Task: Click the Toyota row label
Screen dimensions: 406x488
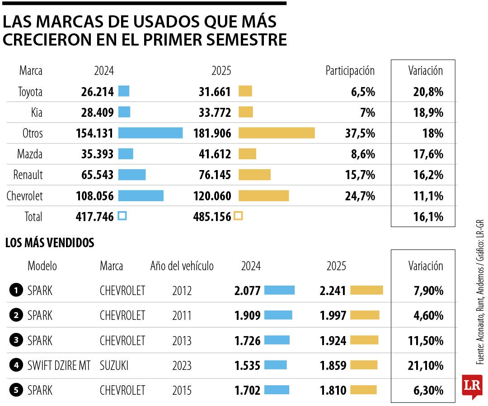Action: pyautogui.click(x=30, y=92)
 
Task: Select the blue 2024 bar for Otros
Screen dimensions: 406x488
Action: pyautogui.click(x=150, y=133)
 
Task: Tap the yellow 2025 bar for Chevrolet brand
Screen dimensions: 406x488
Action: pyautogui.click(x=263, y=196)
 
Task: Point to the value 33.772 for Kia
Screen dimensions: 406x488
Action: pyautogui.click(x=215, y=112)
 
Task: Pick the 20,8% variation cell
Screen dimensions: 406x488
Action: pyautogui.click(x=425, y=92)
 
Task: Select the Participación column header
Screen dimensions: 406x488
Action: pyautogui.click(x=350, y=70)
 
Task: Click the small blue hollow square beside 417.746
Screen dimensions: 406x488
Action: pyautogui.click(x=122, y=216)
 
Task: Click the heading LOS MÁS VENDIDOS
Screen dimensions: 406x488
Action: pyautogui.click(x=50, y=243)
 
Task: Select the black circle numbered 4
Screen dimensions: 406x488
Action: pyautogui.click(x=16, y=365)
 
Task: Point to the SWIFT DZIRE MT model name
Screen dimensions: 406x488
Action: pyautogui.click(x=59, y=365)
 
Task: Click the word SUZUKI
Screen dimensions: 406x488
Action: pyautogui.click(x=114, y=365)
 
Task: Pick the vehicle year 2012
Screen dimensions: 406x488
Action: pyautogui.click(x=182, y=291)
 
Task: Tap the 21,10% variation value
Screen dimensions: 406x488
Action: pyautogui.click(x=425, y=365)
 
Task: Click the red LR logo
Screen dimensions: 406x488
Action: pyautogui.click(x=472, y=386)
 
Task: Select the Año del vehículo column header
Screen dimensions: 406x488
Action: pyautogui.click(x=182, y=266)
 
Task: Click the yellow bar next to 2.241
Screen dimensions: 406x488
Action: pyautogui.click(x=366, y=290)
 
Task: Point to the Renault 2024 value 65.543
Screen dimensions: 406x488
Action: pyautogui.click(x=95, y=175)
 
